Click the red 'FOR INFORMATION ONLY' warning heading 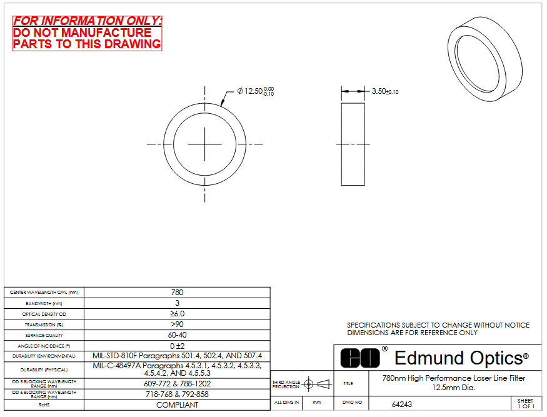tap(88, 21)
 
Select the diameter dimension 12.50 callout tap(255, 91)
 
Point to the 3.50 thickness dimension tap(385, 91)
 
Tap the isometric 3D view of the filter tap(485, 59)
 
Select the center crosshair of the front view tap(205, 144)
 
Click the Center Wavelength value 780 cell tap(177, 293)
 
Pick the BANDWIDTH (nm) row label tap(44, 304)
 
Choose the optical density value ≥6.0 tap(177, 314)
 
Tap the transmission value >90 tap(177, 324)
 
